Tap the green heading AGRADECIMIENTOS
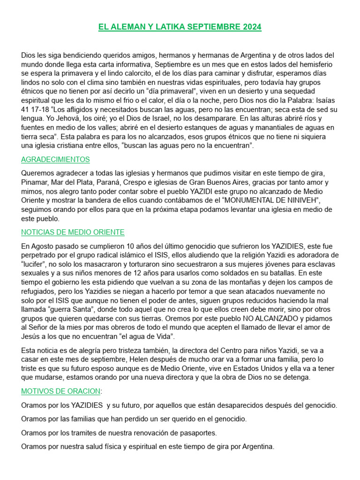55,160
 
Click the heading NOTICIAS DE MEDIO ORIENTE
73,232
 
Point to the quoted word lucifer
36,264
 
